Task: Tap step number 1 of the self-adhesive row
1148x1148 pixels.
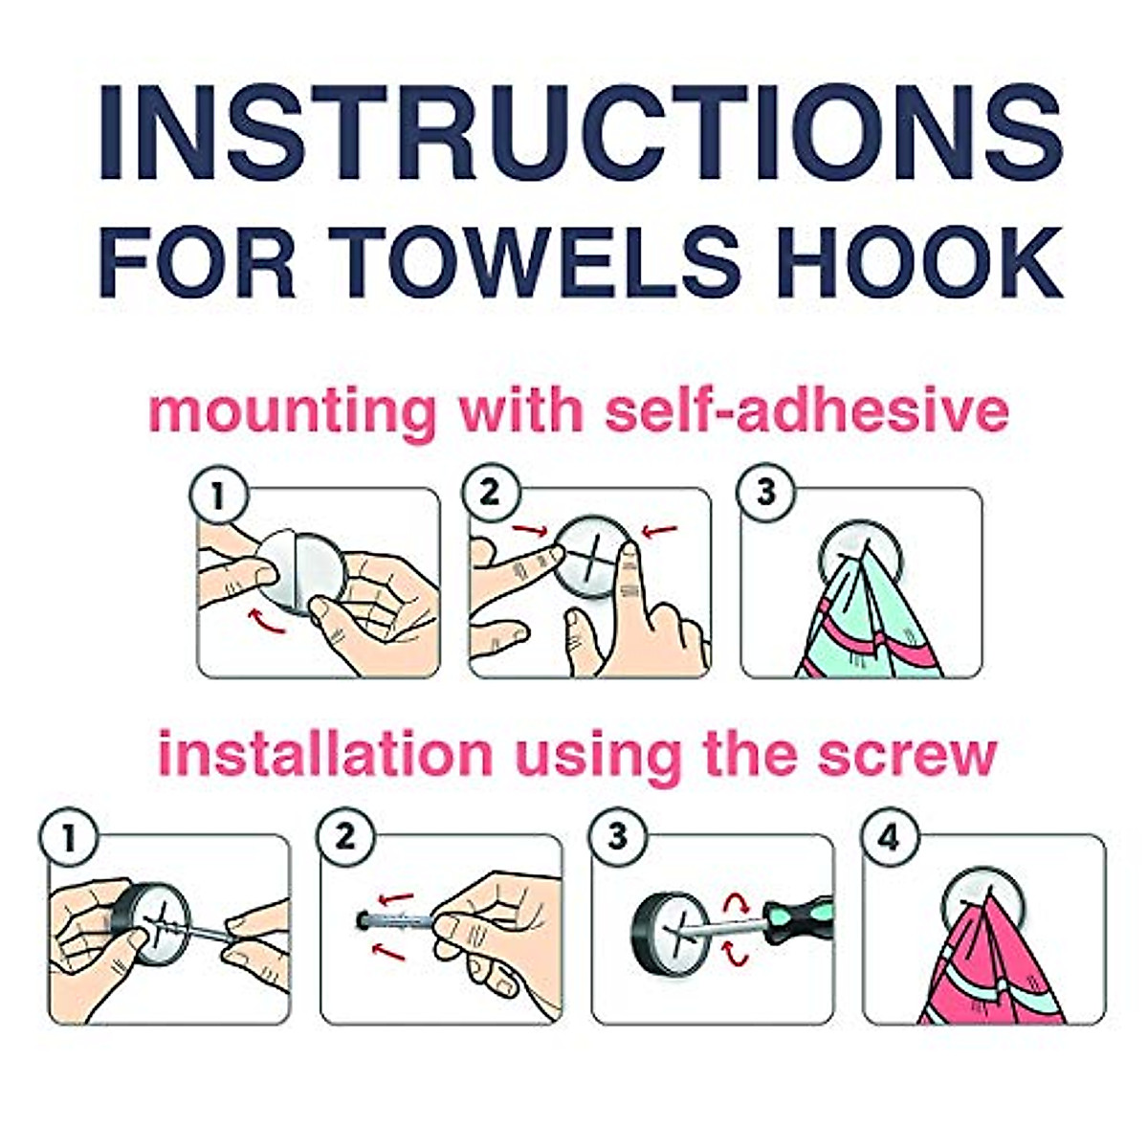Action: [x=220, y=497]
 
